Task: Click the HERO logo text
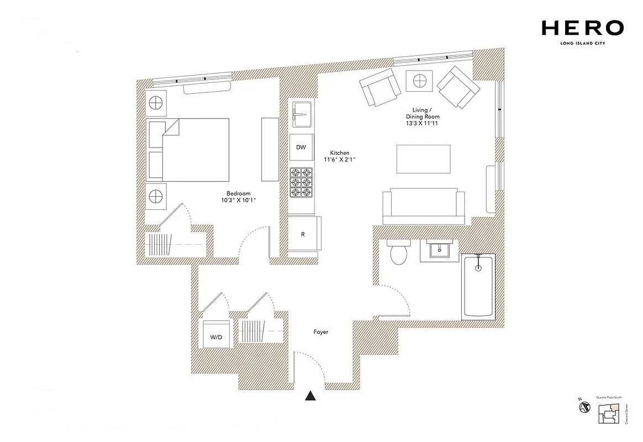click(x=583, y=28)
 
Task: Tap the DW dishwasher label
click(x=301, y=148)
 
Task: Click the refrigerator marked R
click(x=303, y=234)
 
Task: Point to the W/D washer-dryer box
click(x=215, y=335)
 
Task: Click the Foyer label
click(x=320, y=332)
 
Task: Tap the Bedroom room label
click(x=239, y=193)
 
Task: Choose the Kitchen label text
click(x=340, y=153)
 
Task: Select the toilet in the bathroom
click(x=398, y=252)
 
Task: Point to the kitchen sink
click(x=302, y=115)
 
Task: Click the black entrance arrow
click(x=312, y=396)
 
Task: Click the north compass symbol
click(x=583, y=407)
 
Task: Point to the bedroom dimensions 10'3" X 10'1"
click(x=239, y=201)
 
